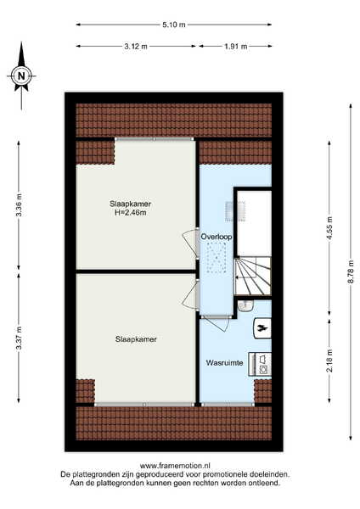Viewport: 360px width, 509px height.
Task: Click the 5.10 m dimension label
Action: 174,25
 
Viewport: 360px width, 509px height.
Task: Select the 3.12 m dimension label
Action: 136,47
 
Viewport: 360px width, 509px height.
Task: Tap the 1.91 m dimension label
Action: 235,47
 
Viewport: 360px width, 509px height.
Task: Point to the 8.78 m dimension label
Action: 351,271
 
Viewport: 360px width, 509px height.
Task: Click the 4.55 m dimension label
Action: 329,228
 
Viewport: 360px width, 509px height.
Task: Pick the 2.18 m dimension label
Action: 329,361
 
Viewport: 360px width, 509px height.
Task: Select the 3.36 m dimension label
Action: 19,204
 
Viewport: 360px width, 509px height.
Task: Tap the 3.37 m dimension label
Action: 19,338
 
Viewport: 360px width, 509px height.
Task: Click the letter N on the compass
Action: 21,76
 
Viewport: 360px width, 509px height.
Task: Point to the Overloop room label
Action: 217,237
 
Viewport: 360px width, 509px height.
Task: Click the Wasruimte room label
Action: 224,362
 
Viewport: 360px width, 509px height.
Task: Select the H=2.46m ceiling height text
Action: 130,213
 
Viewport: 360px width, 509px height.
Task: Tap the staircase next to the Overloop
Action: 253,277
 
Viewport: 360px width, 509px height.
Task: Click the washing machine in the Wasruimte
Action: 260,364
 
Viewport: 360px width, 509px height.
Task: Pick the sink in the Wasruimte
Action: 245,305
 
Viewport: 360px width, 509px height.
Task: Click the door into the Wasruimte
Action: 216,322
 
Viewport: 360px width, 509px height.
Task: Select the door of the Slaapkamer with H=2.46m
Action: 191,243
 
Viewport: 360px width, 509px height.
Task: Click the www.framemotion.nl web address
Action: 175,466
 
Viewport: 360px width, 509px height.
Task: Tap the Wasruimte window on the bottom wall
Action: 228,405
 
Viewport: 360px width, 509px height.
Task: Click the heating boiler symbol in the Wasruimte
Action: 262,328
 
